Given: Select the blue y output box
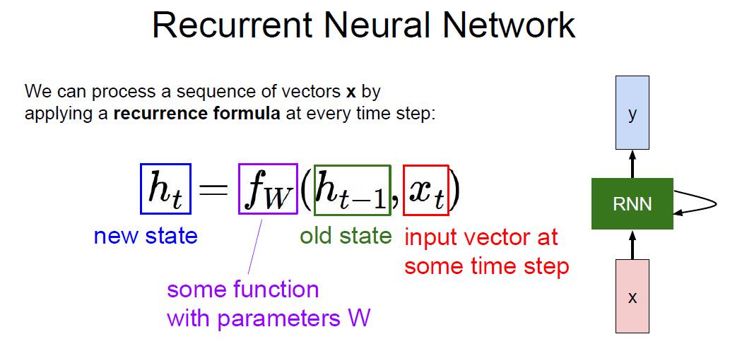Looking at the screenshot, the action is tap(632, 112).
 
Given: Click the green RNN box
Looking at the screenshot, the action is tap(632, 203).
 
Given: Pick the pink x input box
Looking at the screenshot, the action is tap(632, 296).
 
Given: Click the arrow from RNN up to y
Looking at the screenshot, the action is tap(632, 164).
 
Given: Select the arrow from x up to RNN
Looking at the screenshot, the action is tap(632, 244).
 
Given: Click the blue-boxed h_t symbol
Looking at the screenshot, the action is tap(166, 189).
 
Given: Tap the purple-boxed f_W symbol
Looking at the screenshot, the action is tap(268, 189).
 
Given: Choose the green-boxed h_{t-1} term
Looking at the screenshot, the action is tap(353, 191).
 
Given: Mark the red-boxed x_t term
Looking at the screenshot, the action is tap(426, 191).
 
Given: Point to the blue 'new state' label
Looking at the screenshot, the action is tap(146, 236).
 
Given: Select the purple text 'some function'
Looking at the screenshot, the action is tap(243, 290).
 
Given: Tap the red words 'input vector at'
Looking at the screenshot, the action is tap(481, 237).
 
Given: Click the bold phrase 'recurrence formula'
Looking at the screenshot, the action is tap(197, 114).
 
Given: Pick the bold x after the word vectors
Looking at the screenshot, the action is tap(351, 92).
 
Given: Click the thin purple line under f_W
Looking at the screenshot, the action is tap(255, 246).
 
